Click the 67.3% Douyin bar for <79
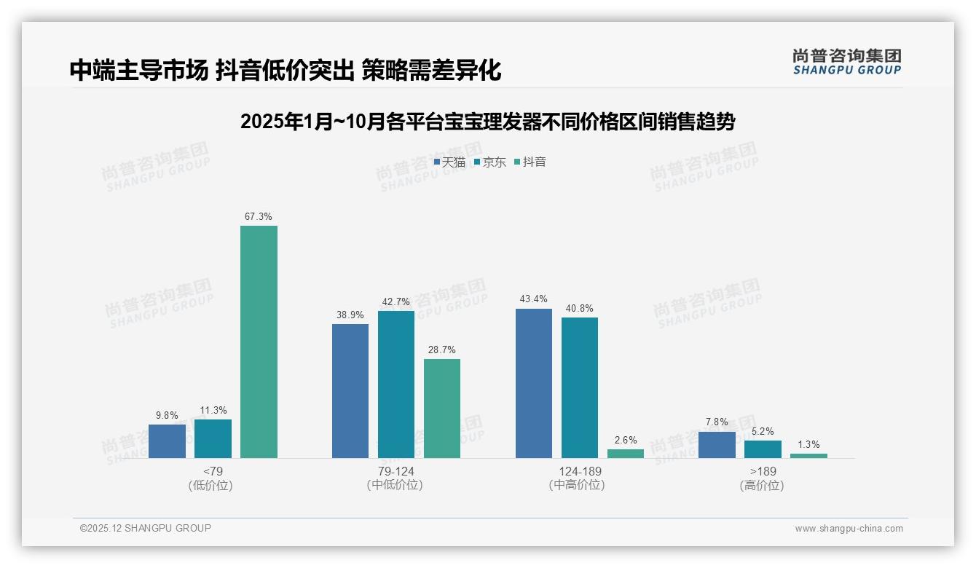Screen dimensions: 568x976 (259, 342)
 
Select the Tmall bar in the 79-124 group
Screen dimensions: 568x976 (350, 391)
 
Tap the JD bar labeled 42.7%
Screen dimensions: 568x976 (396, 384)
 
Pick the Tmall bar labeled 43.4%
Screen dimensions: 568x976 (534, 383)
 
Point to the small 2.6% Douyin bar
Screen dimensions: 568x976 (626, 454)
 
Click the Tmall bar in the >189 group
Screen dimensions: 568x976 (717, 445)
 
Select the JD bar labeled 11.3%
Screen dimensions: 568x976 (213, 438)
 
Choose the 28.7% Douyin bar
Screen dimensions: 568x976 (442, 409)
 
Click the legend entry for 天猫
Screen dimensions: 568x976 (449, 162)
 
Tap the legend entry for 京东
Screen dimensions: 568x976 (490, 162)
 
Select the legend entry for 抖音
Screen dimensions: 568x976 (530, 162)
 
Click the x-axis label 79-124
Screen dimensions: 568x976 (396, 471)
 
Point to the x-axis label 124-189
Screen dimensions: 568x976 (580, 471)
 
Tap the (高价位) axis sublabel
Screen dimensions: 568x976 (762, 485)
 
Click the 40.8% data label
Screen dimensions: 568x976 (580, 308)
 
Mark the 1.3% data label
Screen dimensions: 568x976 (808, 444)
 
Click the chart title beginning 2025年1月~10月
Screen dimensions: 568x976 (487, 122)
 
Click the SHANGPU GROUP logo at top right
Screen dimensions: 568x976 (846, 62)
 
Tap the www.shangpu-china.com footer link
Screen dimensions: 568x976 (849, 529)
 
